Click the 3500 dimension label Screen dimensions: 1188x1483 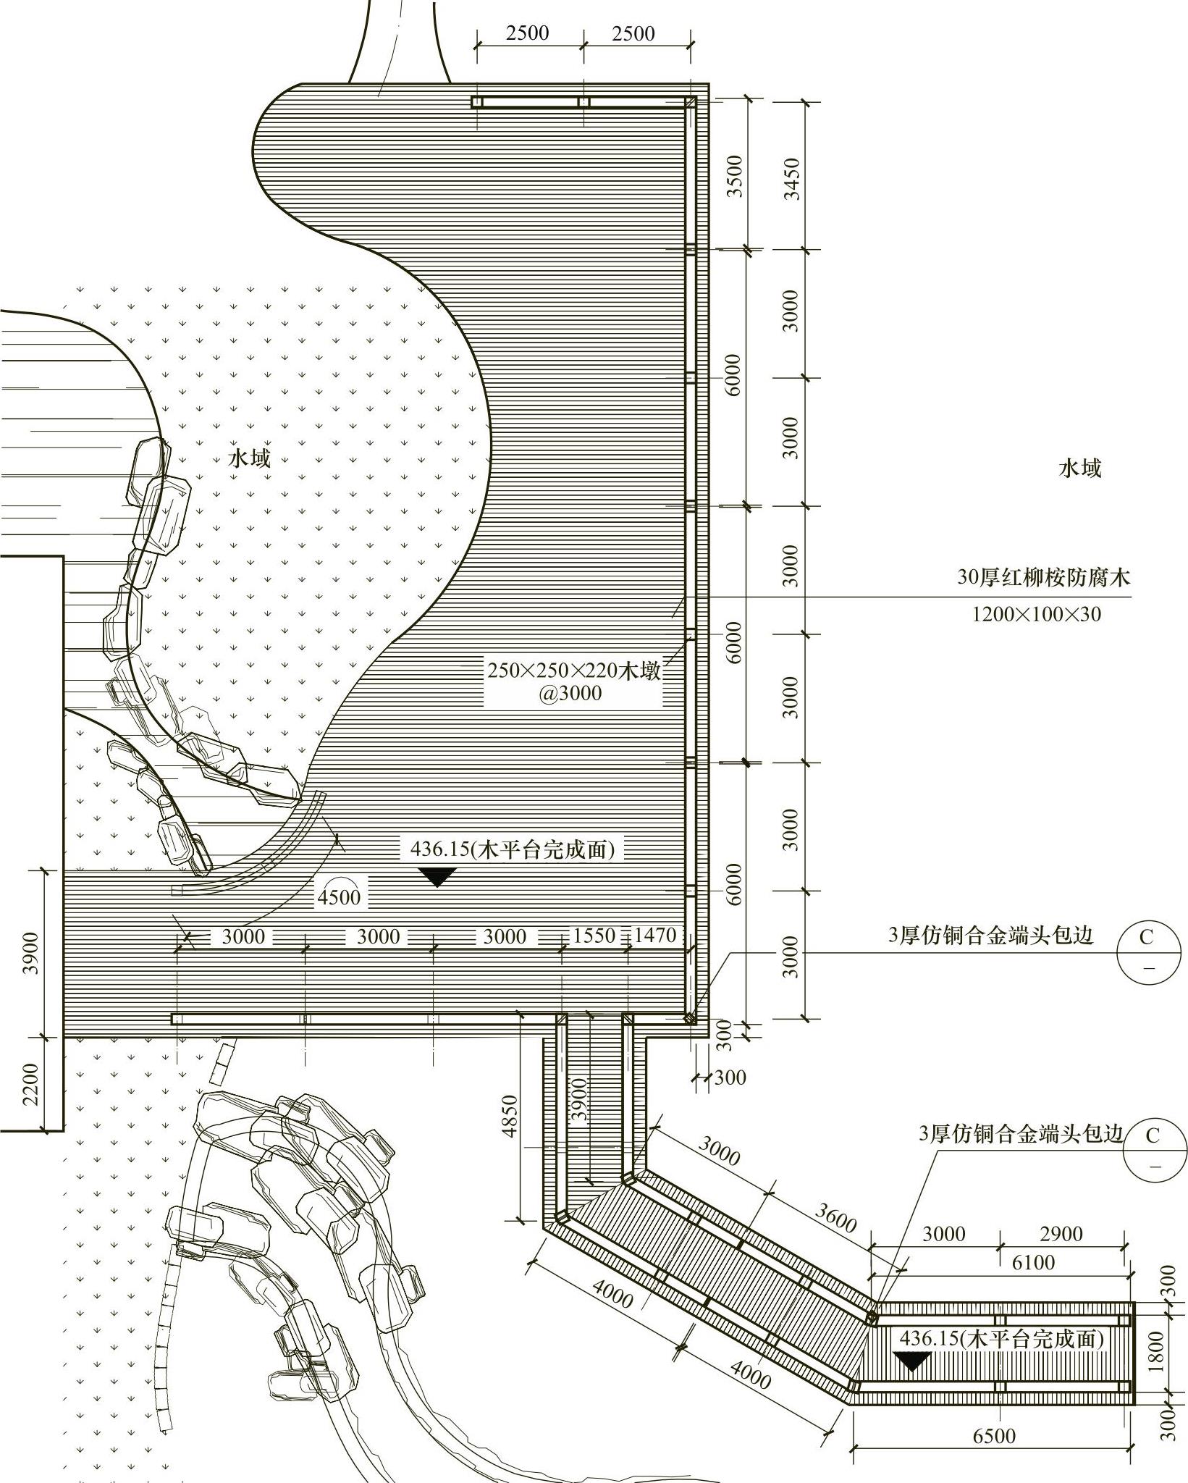point(735,176)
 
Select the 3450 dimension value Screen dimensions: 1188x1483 point(792,178)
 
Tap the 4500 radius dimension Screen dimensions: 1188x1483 point(339,897)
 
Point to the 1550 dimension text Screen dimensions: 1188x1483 point(594,936)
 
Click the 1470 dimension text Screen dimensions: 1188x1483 point(654,936)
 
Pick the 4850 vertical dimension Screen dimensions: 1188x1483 point(510,1116)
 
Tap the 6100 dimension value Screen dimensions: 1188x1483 point(1033,1262)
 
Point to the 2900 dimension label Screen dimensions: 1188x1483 point(1061,1233)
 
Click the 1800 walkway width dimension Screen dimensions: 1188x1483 point(1156,1350)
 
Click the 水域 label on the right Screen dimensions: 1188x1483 point(1079,469)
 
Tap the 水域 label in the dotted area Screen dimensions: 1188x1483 point(250,458)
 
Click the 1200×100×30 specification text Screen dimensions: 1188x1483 point(1035,615)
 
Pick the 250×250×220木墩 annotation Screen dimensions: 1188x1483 point(574,670)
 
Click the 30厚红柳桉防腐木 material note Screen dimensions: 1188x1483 point(1043,577)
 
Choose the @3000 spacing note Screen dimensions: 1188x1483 point(570,693)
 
